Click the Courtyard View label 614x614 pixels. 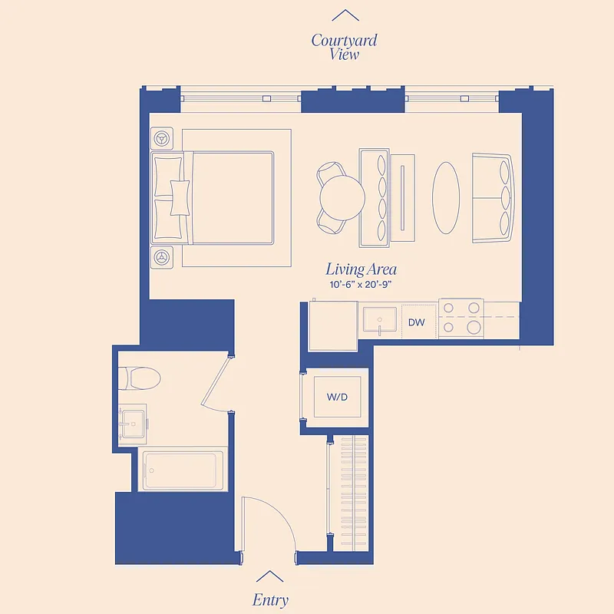(344, 47)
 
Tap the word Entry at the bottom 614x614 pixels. (270, 599)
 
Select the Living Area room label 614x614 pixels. (361, 269)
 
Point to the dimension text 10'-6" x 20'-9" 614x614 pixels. (361, 285)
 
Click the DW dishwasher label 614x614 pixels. (417, 322)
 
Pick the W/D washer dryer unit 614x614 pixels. (338, 397)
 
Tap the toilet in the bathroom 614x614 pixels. (140, 377)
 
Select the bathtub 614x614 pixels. (182, 470)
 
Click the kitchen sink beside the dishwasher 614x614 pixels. (380, 320)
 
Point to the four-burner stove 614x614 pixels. (463, 318)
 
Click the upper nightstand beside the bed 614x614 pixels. (163, 139)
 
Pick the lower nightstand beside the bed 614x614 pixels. (163, 257)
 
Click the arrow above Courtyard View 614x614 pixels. (345, 15)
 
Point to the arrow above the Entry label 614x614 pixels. (269, 576)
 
